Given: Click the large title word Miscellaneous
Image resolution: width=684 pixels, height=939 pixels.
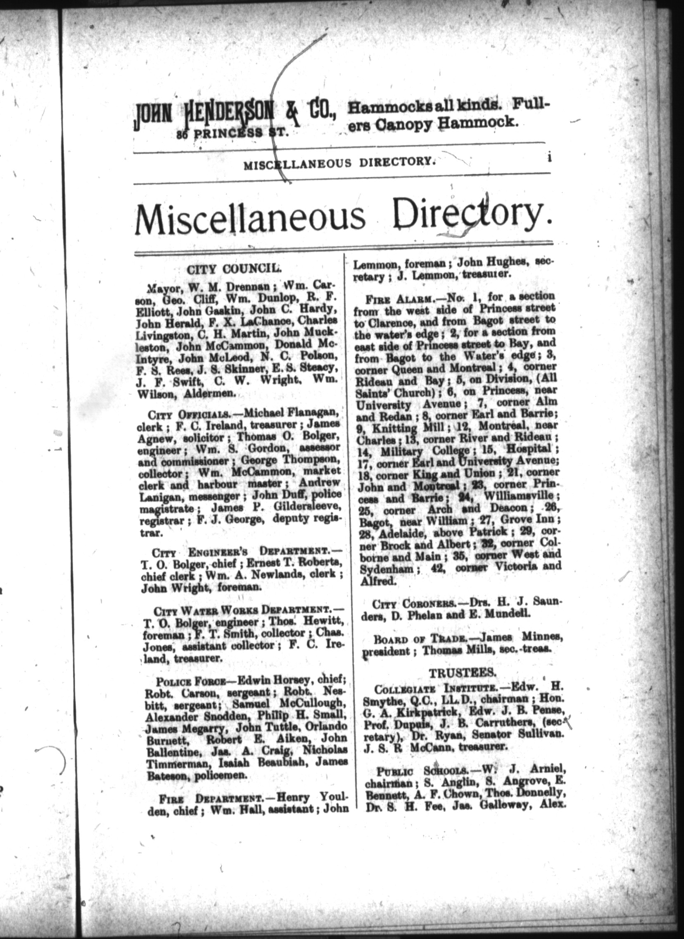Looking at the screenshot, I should [250, 216].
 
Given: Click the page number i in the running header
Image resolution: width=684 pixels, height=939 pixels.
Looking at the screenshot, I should [549, 158].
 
